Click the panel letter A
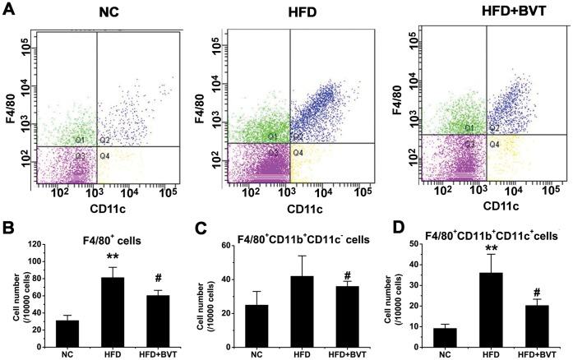pyautogui.click(x=11, y=11)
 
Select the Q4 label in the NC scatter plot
pyautogui.click(x=104, y=155)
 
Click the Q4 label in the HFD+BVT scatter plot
pyautogui.click(x=496, y=143)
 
